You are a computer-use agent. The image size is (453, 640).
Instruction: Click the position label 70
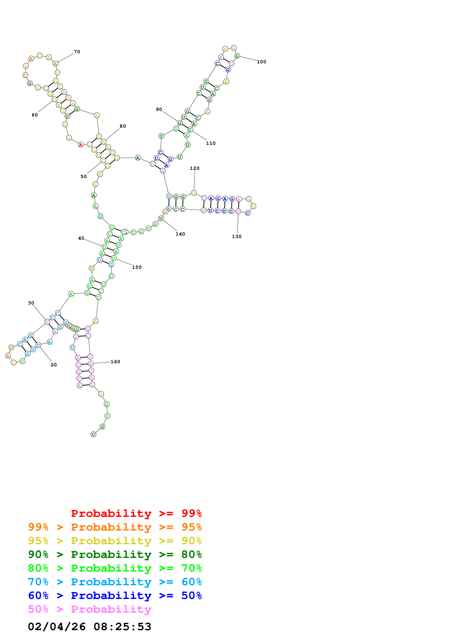click(77, 52)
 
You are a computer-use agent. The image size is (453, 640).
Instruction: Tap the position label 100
click(261, 62)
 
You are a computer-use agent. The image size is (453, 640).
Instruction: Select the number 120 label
click(195, 168)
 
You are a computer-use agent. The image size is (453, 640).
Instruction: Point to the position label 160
click(115, 362)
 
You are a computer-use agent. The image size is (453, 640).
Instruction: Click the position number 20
click(54, 365)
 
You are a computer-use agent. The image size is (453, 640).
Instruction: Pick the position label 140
click(180, 234)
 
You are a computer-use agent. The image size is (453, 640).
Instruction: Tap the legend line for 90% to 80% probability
click(115, 554)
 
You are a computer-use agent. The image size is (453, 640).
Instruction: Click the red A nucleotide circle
click(81, 145)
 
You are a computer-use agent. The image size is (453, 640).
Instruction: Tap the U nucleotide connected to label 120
click(194, 193)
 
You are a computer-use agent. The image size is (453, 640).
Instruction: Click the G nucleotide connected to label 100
click(237, 56)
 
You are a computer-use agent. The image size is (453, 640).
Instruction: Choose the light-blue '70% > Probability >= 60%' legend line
click(115, 582)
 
